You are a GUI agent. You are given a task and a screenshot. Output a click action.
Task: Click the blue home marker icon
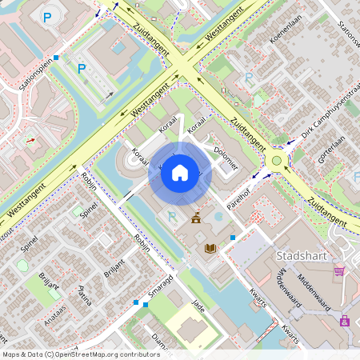180,172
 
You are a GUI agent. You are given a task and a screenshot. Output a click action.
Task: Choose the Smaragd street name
160,284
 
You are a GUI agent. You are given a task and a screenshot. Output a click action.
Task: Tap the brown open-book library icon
210,249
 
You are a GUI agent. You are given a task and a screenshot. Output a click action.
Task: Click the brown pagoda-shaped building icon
196,218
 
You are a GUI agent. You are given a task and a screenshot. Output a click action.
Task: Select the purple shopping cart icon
339,272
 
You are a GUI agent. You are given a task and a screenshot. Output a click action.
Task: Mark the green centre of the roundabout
277,160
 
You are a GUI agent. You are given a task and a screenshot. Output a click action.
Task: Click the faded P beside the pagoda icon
171,216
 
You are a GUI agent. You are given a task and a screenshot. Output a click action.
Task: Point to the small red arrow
31,140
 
